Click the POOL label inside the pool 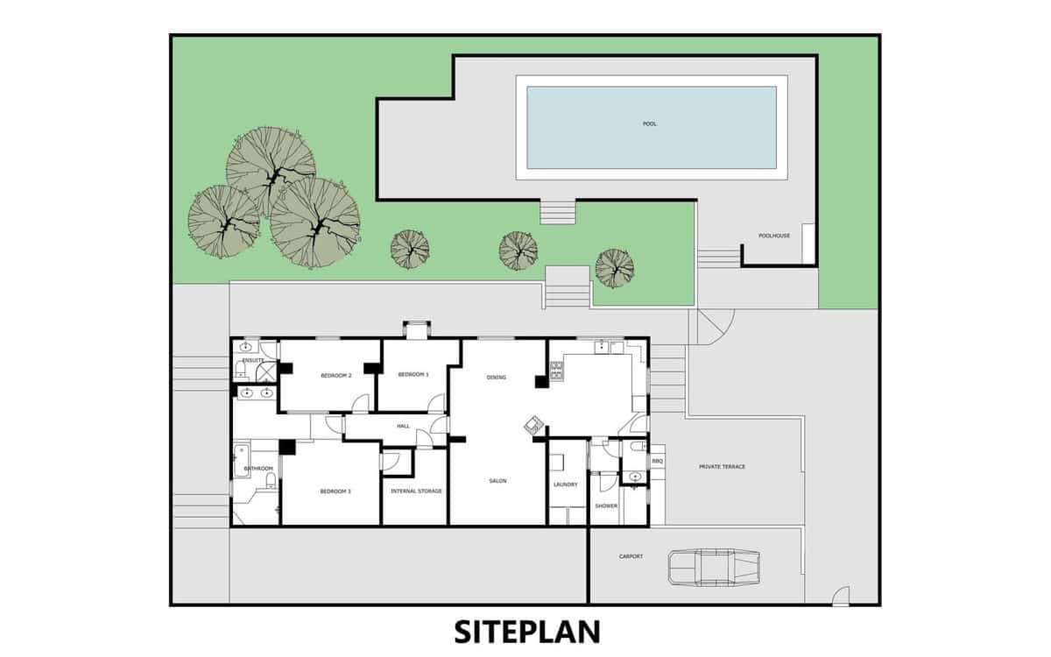pos(650,124)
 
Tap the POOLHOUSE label pos(774,236)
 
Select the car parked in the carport pos(713,566)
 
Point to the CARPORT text pos(631,556)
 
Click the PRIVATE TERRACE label pos(722,467)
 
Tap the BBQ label pos(658,461)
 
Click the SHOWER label pos(606,505)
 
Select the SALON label pos(497,481)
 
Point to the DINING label pos(497,378)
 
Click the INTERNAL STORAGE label pos(416,491)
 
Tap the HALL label pos(403,427)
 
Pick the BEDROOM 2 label pos(335,376)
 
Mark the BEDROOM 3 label pos(335,491)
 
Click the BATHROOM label pos(259,469)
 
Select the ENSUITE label pos(253,360)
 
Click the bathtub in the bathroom pos(243,458)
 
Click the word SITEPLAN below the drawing pos(525,632)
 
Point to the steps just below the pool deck pos(558,213)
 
